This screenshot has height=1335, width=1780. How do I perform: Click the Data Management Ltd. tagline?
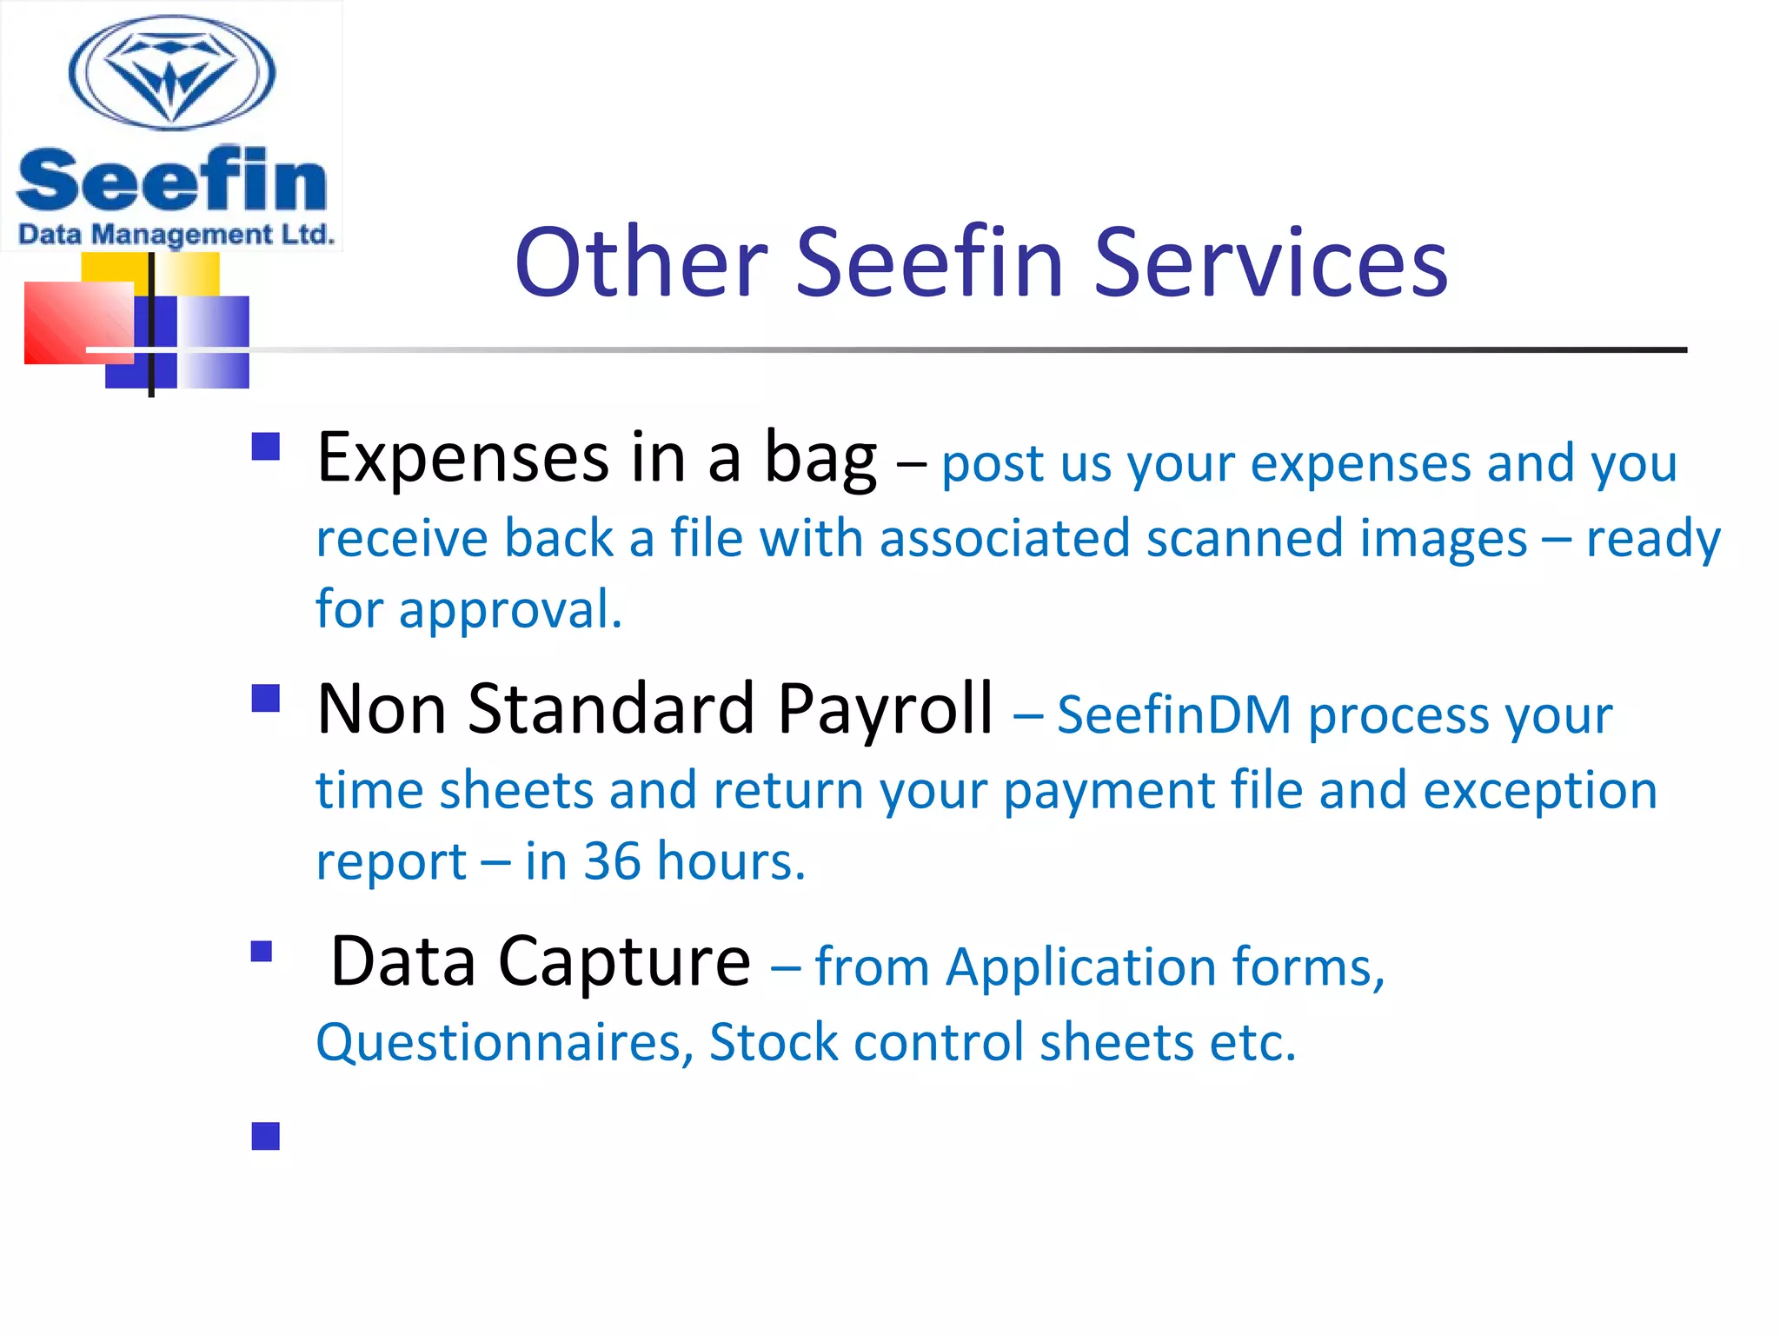click(x=176, y=235)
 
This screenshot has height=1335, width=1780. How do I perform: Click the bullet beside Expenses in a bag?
click(x=266, y=447)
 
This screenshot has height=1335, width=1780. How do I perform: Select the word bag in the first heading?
click(x=820, y=458)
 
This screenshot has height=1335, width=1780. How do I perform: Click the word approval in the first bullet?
click(x=510, y=610)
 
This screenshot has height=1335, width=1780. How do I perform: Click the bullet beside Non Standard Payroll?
click(x=266, y=698)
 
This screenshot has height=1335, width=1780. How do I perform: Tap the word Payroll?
click(x=885, y=709)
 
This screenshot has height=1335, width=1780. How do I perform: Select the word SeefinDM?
click(x=1174, y=715)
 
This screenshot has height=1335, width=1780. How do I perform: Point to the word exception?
click(x=1540, y=790)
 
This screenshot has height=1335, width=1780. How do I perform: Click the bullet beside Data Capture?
click(x=262, y=951)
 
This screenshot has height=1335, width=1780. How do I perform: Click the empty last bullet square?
click(x=266, y=1136)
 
